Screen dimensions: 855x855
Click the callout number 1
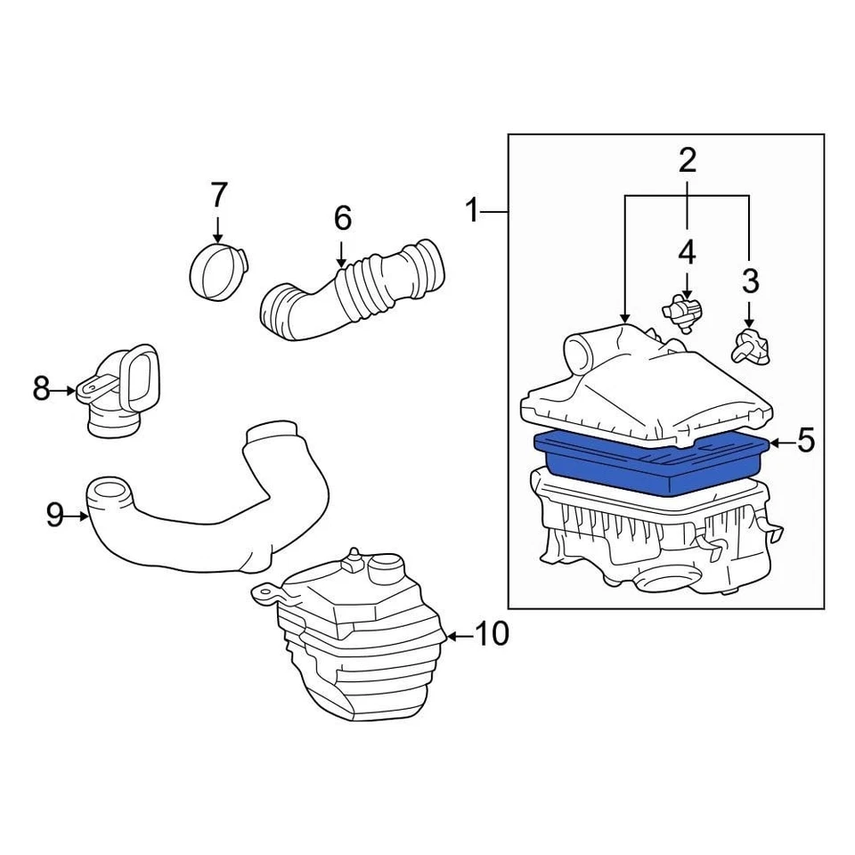473,212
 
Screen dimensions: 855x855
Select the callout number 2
687,161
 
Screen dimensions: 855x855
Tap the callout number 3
750,281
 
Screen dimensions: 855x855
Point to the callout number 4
687,252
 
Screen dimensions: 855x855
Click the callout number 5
805,441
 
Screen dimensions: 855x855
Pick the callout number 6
343,217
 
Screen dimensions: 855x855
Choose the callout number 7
219,194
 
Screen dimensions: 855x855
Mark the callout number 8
41,389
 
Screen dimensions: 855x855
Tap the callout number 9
55,515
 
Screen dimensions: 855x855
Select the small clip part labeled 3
749,345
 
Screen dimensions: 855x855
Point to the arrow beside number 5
780,442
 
